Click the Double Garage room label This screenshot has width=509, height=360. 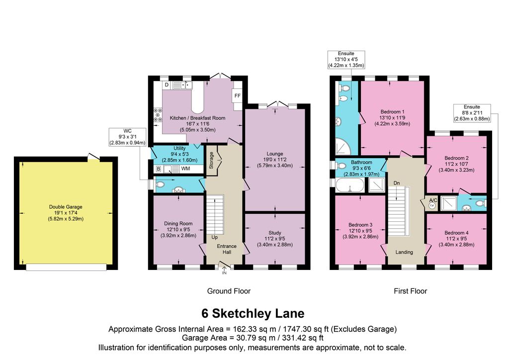66,207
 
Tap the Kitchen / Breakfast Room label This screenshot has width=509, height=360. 197,118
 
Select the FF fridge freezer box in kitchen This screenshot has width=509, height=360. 237,95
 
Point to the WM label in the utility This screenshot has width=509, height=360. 185,170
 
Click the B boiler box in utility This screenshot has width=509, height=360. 159,170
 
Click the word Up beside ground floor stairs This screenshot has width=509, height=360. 214,237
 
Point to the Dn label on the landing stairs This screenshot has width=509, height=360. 397,183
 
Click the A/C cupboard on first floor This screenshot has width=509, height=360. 432,203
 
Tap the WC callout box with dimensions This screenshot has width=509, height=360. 128,137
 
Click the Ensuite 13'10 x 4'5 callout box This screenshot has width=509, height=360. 346,59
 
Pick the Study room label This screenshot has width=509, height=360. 275,233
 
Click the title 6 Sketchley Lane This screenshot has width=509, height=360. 253,314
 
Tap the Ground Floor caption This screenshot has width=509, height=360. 229,291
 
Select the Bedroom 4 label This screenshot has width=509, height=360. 456,233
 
